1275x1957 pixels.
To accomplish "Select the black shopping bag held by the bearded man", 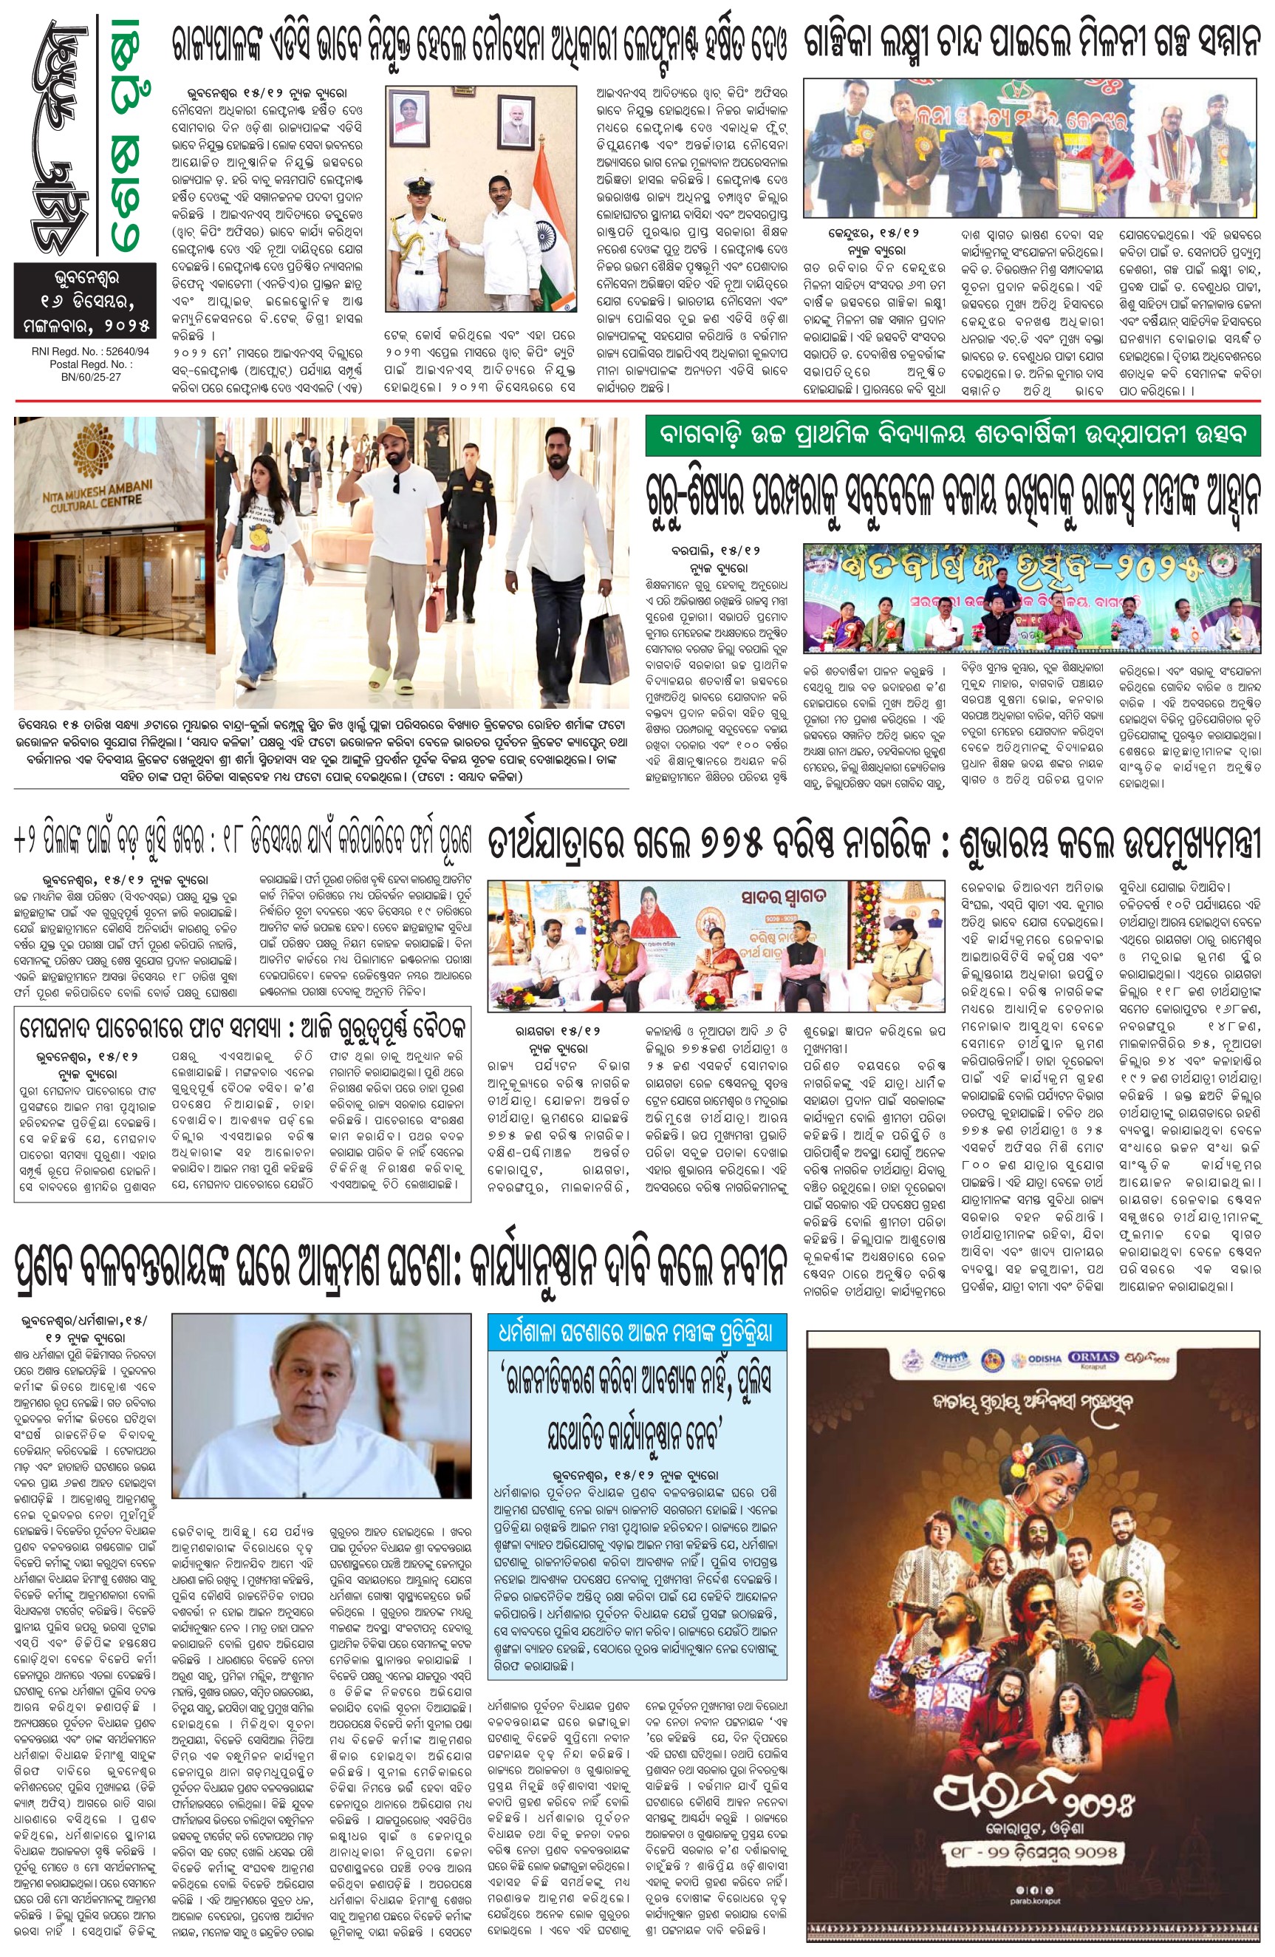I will point(604,641).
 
